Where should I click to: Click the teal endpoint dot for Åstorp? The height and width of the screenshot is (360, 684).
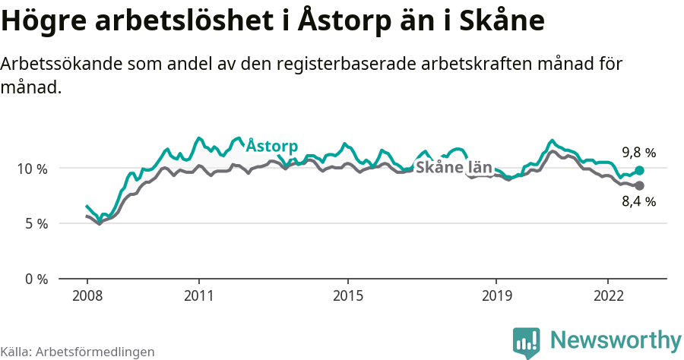tap(639, 171)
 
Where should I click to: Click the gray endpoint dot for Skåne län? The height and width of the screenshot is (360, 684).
tap(639, 186)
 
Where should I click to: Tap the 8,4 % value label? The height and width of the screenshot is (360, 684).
tap(638, 202)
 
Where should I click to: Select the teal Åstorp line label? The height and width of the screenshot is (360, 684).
tap(272, 146)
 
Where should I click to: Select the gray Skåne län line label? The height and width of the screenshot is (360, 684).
tap(454, 168)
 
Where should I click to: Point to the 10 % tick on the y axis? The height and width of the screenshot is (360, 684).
tap(31, 168)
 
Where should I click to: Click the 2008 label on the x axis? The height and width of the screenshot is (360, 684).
tap(87, 295)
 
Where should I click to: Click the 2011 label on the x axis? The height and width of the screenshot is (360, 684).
tap(198, 295)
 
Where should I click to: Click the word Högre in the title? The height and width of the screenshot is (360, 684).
tap(43, 21)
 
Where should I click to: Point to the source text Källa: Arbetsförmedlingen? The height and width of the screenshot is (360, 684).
tap(78, 352)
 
